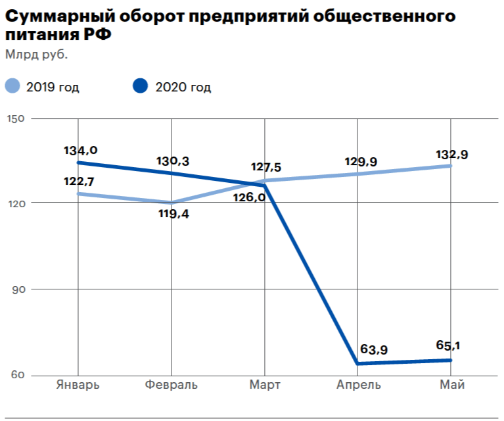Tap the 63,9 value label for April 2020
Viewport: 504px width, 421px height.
pos(374,349)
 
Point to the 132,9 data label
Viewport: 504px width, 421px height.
pos(452,155)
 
